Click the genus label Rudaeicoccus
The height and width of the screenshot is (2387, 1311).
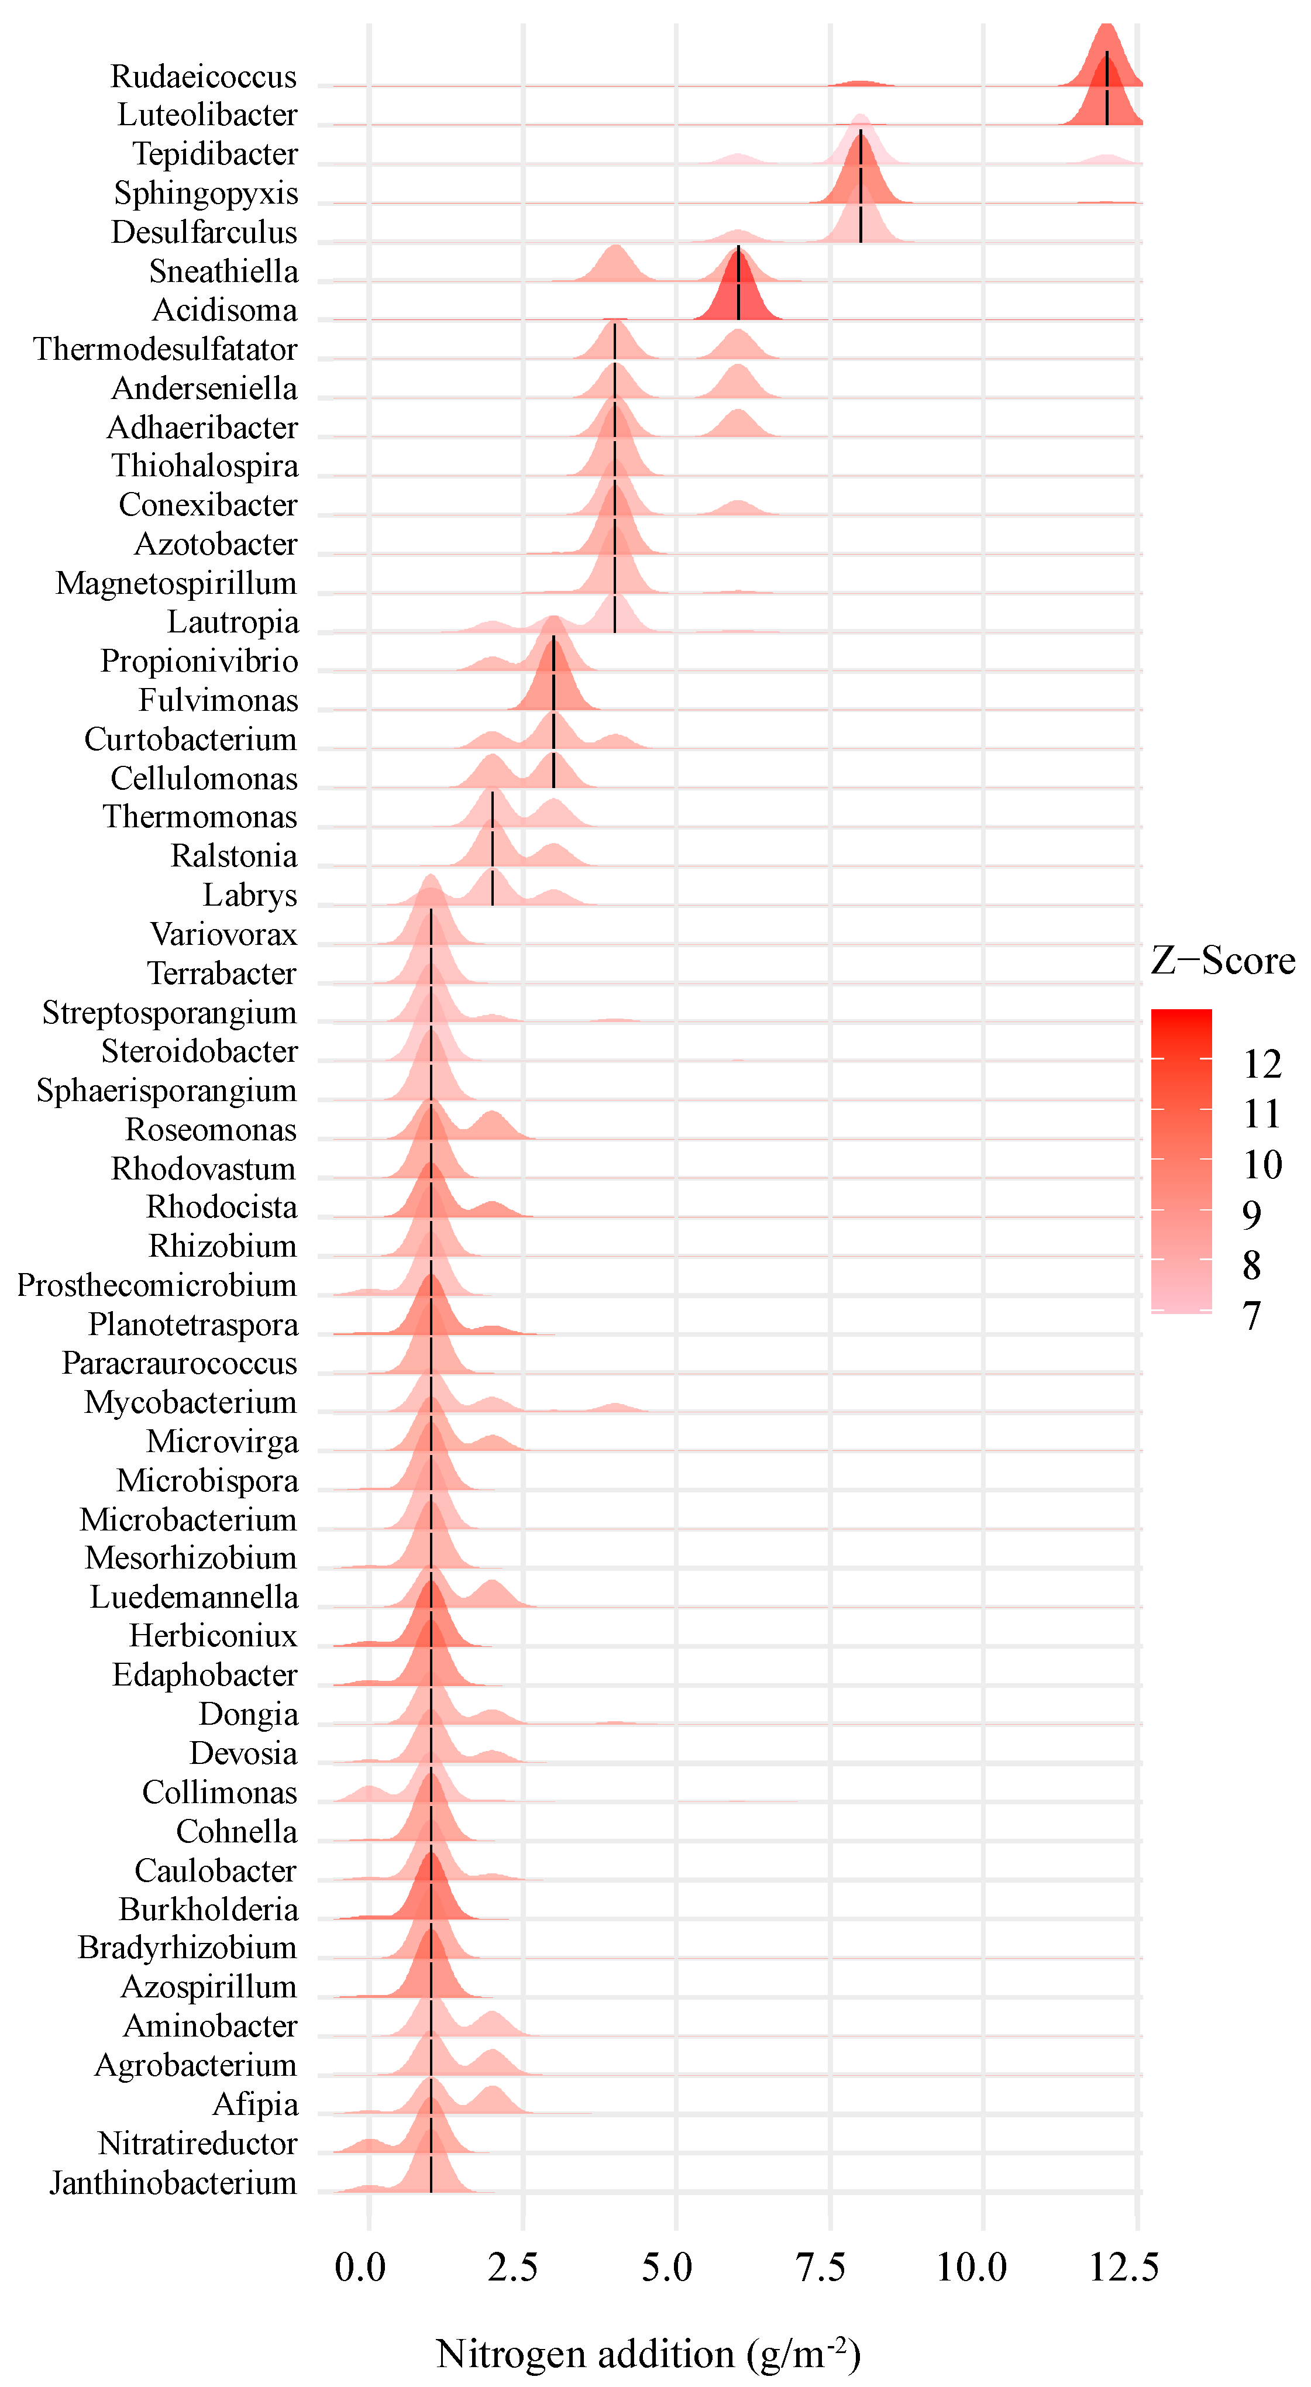click(204, 76)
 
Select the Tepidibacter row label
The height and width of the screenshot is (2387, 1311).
click(215, 154)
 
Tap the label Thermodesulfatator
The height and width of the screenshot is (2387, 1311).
click(166, 349)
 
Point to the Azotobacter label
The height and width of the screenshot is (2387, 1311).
click(216, 544)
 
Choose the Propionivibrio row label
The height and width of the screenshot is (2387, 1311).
click(199, 662)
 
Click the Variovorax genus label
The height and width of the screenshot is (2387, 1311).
click(223, 934)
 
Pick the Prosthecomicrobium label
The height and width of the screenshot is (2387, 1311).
click(157, 1285)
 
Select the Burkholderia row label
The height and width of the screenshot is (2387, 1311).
click(208, 1909)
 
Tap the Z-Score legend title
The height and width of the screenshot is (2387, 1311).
click(1223, 960)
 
